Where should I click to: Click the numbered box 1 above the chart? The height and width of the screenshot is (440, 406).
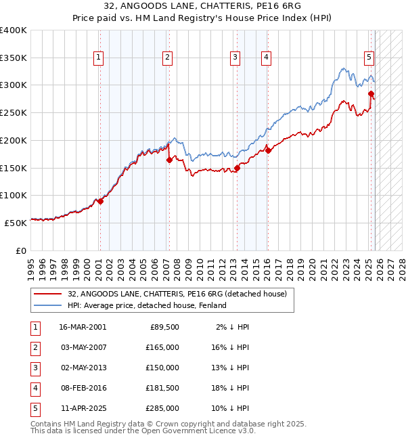pos(99,58)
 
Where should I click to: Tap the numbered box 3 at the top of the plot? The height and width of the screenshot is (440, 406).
pos(235,58)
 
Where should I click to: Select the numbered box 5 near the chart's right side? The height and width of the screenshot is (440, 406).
pos(369,58)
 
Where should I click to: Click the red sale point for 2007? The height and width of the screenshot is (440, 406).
pos(169,160)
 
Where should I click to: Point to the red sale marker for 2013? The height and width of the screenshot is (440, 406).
pos(237,168)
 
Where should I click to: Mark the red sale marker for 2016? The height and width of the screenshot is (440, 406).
pos(268,150)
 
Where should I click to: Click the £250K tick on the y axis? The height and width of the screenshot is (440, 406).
pos(14,112)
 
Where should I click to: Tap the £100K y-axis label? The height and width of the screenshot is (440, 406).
pos(14,195)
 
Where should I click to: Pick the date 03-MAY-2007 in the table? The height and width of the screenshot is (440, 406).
pos(83,347)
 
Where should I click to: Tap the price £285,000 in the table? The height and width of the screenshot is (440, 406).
pos(162,408)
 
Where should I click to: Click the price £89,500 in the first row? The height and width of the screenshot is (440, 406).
pos(164,326)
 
